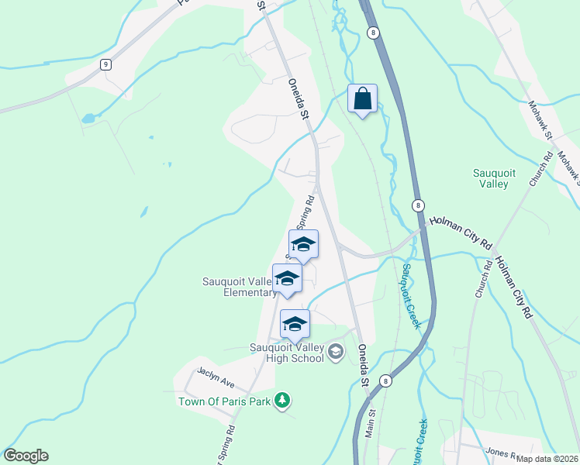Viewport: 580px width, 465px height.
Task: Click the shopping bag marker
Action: click(362, 99)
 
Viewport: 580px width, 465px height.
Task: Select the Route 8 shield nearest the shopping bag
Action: click(375, 32)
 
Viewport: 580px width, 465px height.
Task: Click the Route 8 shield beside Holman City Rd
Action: click(418, 205)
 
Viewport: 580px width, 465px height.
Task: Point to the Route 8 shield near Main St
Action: click(385, 381)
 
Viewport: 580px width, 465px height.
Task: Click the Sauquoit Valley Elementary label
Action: click(238, 287)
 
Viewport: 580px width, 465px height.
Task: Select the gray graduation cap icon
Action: click(335, 353)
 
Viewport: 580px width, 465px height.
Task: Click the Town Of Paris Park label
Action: click(223, 401)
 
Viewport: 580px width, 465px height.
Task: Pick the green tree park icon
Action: click(283, 400)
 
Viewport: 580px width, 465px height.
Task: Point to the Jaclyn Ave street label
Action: click(216, 377)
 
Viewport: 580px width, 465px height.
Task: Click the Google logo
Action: click(26, 456)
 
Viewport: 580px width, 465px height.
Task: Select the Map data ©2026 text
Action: click(547, 459)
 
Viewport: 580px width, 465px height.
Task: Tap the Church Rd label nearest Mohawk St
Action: click(541, 167)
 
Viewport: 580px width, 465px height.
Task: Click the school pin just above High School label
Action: click(295, 325)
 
